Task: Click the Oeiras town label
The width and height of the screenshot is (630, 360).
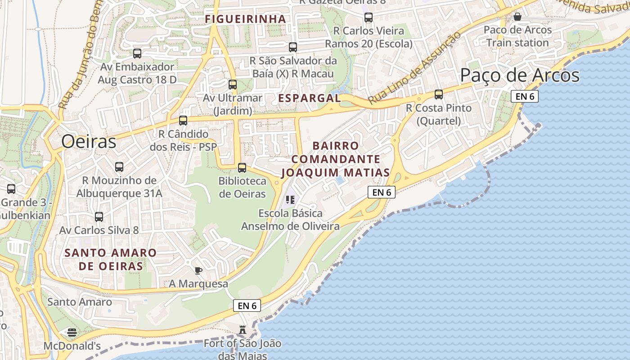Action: (89, 141)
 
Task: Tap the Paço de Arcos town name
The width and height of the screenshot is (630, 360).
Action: (520, 75)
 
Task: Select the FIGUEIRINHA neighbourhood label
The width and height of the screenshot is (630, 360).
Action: (245, 19)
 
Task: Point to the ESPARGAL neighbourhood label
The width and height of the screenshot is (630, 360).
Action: (309, 98)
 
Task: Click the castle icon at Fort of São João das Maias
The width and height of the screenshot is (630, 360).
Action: (243, 330)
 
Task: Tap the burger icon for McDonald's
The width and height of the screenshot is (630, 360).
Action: (72, 333)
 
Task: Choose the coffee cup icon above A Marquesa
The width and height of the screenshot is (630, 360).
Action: (198, 270)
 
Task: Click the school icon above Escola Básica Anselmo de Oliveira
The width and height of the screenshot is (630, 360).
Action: (290, 199)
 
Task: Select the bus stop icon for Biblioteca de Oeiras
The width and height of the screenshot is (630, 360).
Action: (242, 168)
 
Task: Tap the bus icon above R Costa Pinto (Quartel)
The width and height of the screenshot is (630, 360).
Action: (438, 94)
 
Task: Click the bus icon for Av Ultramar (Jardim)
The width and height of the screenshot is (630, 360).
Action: (233, 84)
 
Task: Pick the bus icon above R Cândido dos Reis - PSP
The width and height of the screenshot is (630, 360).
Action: (183, 120)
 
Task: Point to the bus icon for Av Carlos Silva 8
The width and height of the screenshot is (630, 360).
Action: (99, 216)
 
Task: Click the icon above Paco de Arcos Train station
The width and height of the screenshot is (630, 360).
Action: (517, 17)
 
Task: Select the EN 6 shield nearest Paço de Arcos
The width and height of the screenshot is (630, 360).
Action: (525, 96)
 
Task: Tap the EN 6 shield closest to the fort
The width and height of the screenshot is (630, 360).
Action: (247, 306)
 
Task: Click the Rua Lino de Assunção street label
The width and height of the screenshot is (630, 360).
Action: (415, 68)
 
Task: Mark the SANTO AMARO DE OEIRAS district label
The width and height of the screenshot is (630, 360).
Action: (111, 259)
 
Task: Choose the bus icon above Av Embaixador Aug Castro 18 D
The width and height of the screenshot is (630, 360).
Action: (137, 53)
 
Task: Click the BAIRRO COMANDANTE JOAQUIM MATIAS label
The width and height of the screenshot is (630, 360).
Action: (336, 159)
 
